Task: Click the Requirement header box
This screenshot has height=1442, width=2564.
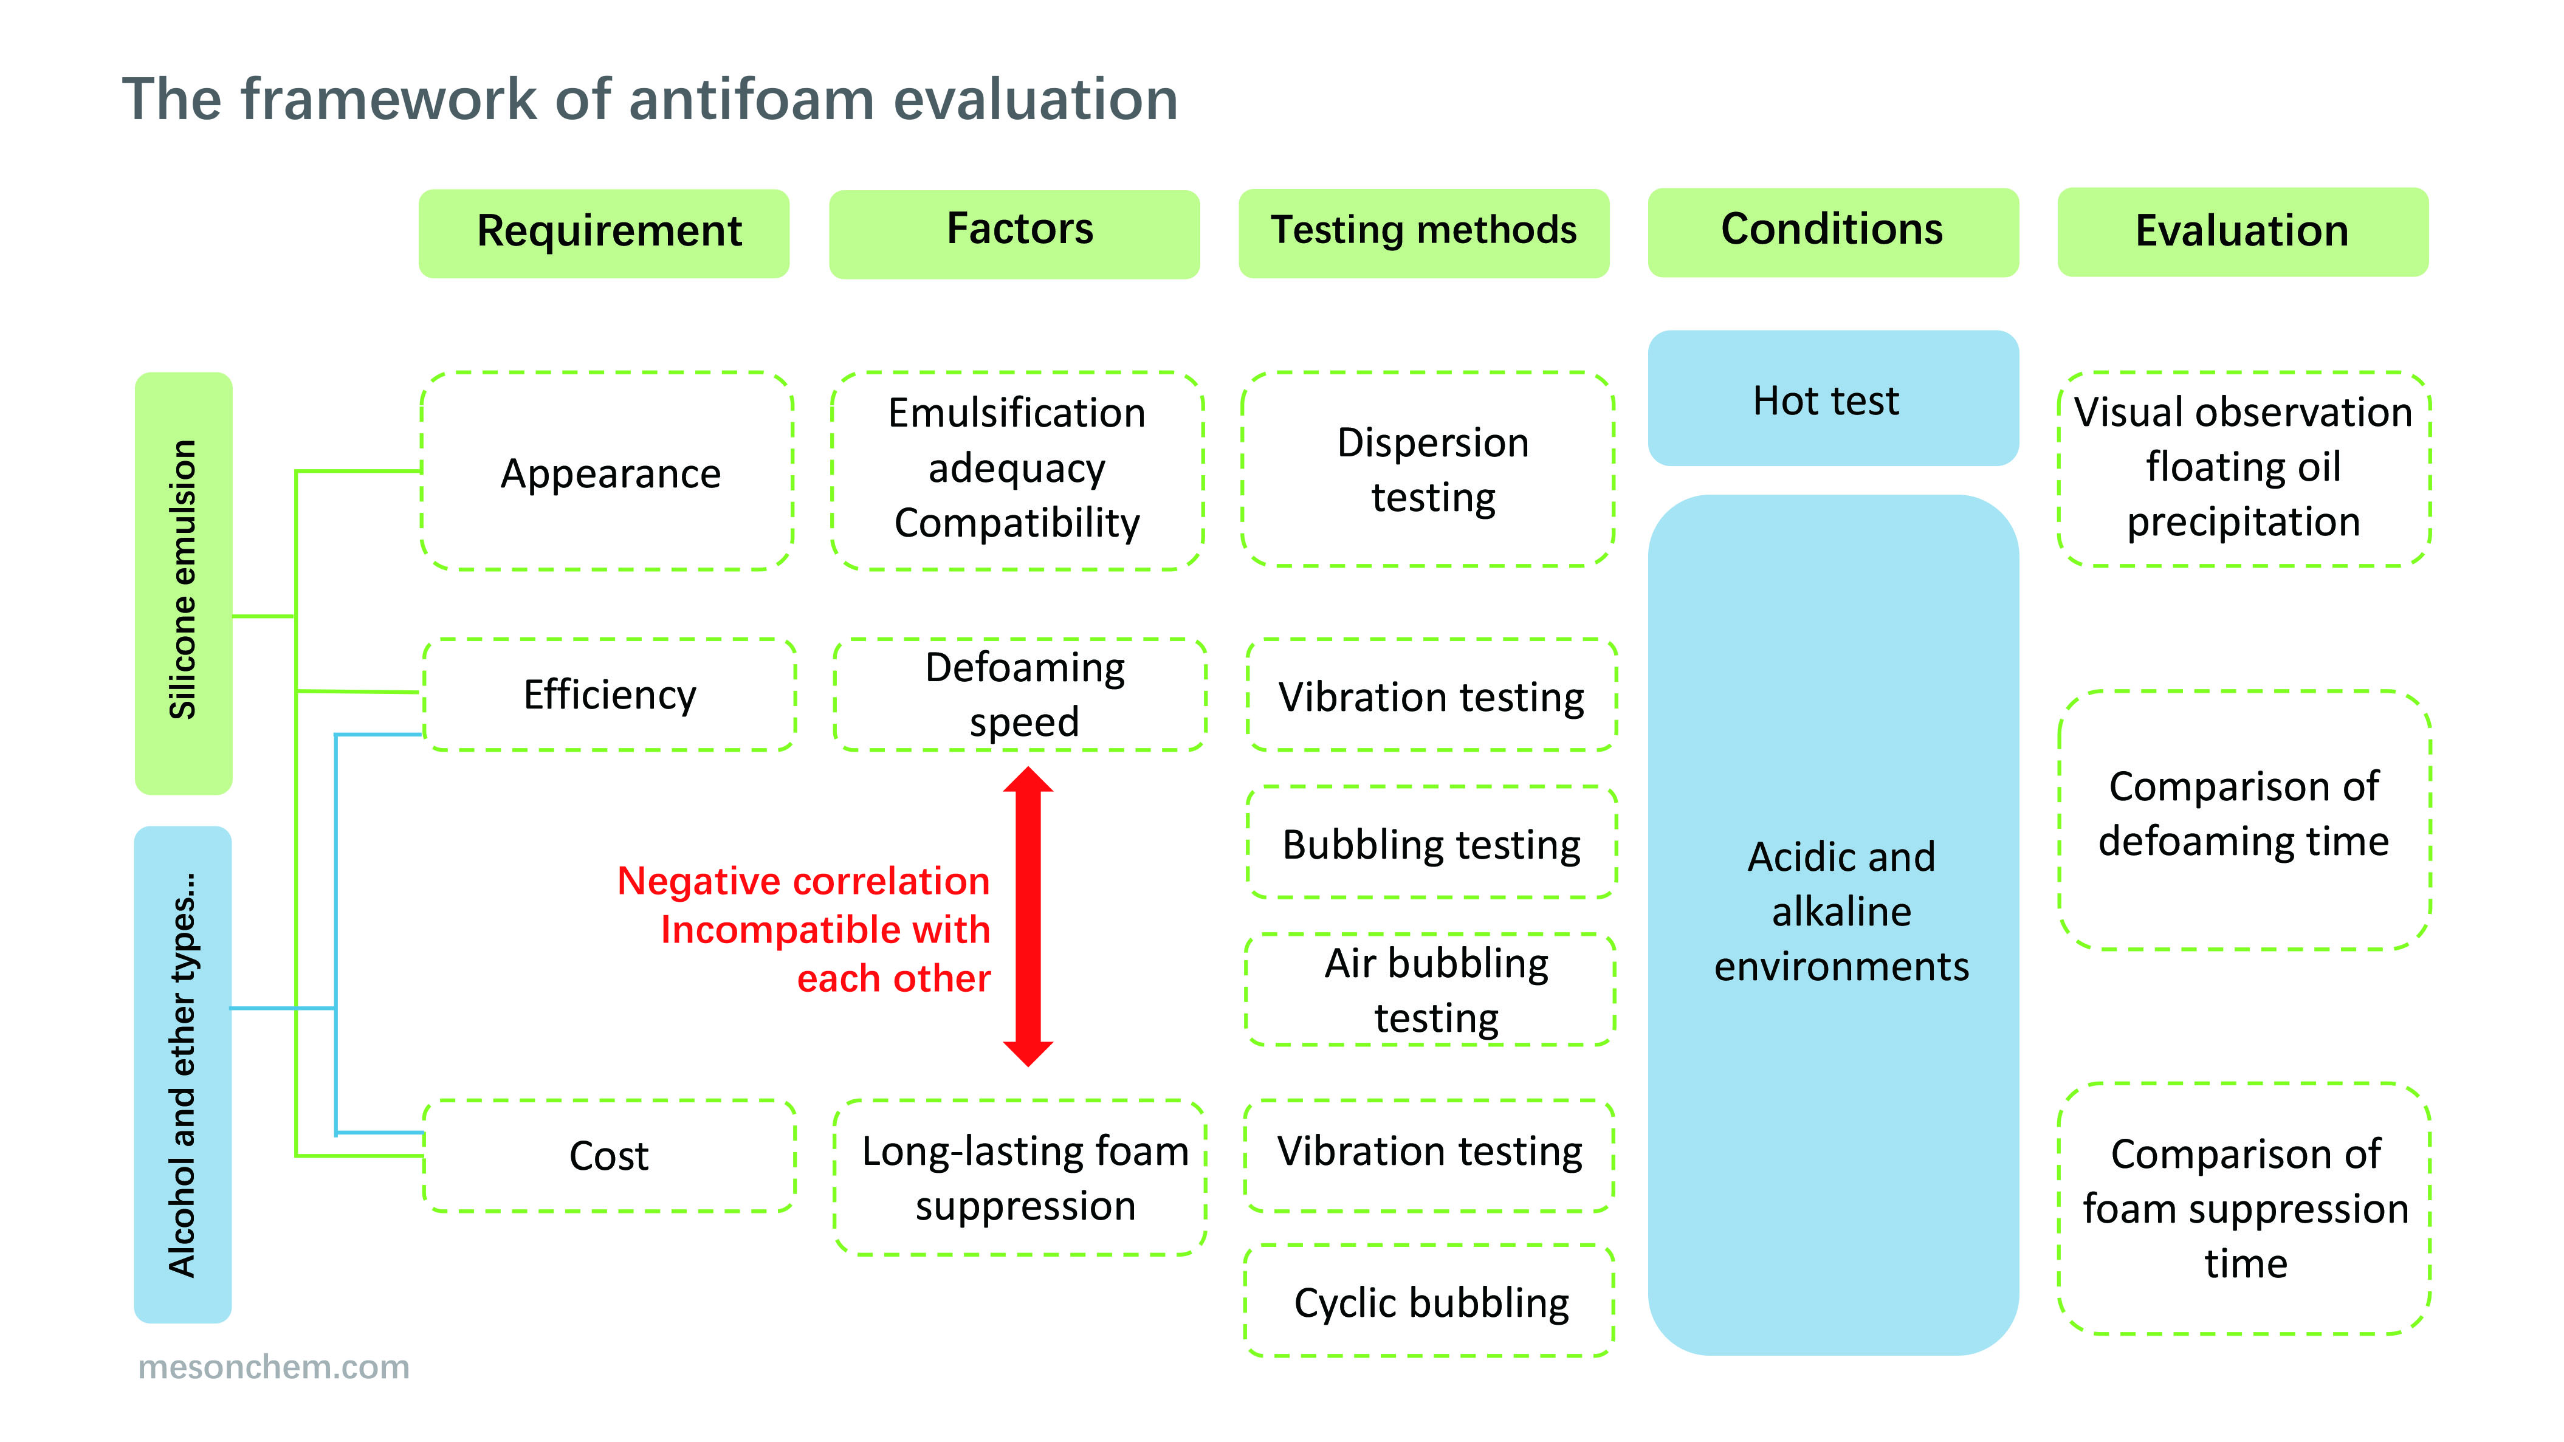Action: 604,233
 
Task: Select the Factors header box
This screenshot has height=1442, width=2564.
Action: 1014,234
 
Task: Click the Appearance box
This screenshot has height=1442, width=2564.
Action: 607,471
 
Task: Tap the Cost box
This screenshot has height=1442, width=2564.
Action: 609,1155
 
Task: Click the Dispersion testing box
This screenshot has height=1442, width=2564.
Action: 1428,469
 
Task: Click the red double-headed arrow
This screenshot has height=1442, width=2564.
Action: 1028,916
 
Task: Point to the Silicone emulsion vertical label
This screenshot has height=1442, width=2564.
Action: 183,583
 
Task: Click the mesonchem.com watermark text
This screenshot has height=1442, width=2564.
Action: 273,1367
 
